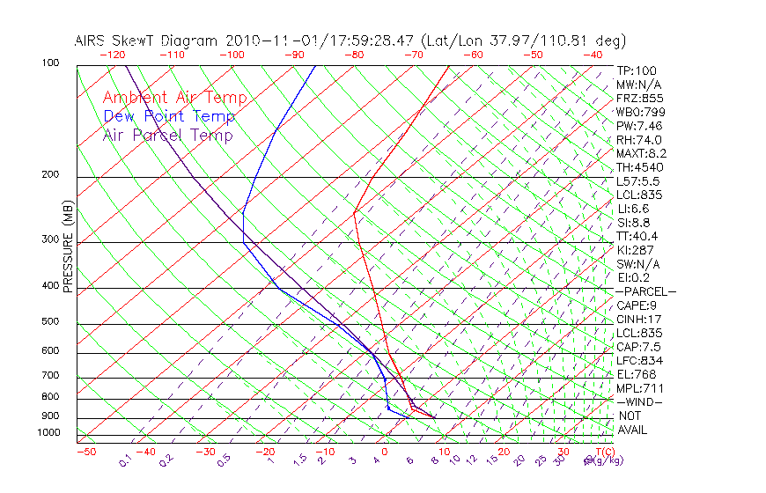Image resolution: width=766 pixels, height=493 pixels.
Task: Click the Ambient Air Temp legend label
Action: pyautogui.click(x=174, y=98)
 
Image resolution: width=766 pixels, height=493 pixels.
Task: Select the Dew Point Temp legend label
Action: pyautogui.click(x=169, y=116)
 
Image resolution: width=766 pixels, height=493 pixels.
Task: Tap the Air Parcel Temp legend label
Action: pyautogui.click(x=167, y=135)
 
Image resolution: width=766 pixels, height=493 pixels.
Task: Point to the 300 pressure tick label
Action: pyautogui.click(x=50, y=239)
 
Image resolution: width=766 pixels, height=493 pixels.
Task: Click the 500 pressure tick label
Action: pyautogui.click(x=50, y=321)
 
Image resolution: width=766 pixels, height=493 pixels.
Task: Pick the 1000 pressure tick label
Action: pyautogui.click(x=48, y=432)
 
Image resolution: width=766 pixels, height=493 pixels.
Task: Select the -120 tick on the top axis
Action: pyautogui.click(x=111, y=55)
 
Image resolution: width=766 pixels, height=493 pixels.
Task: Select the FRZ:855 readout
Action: pyautogui.click(x=640, y=99)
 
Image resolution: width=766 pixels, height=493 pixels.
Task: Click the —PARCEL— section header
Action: pyautogui.click(x=645, y=291)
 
